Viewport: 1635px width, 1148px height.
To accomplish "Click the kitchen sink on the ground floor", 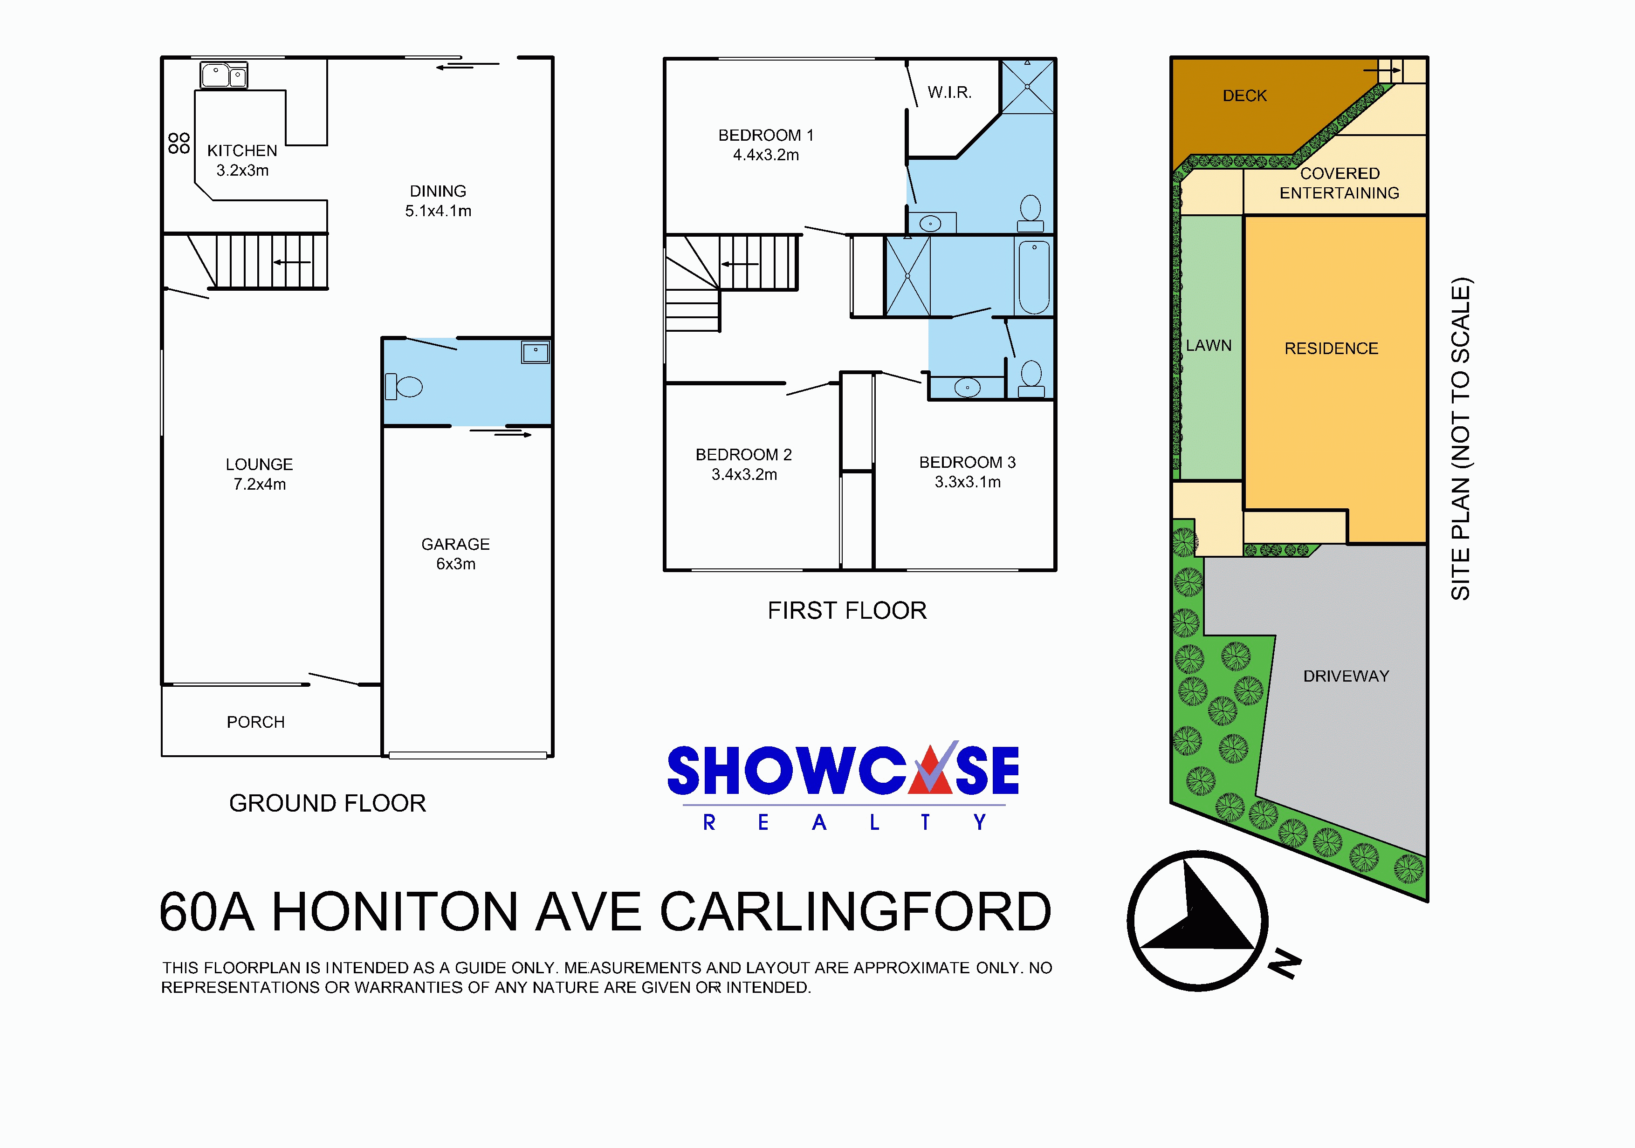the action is [x=224, y=75].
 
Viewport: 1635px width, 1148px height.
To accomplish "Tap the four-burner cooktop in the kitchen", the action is [x=179, y=143].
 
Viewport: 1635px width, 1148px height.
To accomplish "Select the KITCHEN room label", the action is [x=242, y=151].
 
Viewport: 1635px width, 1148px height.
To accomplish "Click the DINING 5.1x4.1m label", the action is [x=438, y=201].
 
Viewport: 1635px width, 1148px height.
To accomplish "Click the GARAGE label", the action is [x=456, y=545].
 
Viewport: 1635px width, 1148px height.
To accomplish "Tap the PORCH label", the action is [x=256, y=723].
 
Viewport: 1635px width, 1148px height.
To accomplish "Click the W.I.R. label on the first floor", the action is [x=949, y=93].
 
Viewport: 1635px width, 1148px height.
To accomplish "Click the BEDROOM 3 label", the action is [x=968, y=463].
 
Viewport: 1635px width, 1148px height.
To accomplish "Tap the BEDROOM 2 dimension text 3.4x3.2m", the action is [x=744, y=475].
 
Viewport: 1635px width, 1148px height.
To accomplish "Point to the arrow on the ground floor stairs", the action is [x=292, y=262].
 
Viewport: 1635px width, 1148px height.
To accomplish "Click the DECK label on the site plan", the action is [x=1245, y=96].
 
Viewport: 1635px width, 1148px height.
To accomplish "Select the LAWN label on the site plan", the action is [x=1209, y=345].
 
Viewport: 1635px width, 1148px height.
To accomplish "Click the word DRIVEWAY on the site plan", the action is [x=1346, y=676].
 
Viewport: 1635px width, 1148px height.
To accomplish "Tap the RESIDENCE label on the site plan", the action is [x=1332, y=349].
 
